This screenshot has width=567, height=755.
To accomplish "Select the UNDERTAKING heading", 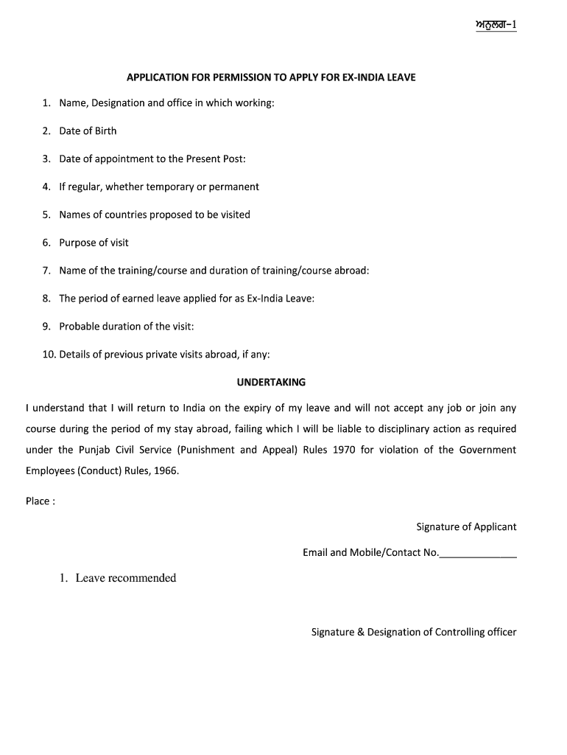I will (x=271, y=382).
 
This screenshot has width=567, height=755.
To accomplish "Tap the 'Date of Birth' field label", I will (x=88, y=131).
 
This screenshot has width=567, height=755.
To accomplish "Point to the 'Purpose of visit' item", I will (x=94, y=243).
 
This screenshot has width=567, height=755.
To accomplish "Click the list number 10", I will (x=49, y=354).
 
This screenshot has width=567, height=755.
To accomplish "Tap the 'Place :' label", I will (x=40, y=501).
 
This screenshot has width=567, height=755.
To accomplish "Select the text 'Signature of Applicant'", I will (x=466, y=526).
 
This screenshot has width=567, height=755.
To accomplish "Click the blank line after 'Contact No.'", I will (x=478, y=553).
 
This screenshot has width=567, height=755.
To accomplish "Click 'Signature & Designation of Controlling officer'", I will (x=414, y=632).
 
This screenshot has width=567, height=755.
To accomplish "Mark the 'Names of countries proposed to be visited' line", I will (x=155, y=215).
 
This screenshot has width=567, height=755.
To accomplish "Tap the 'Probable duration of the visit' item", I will (x=127, y=326).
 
